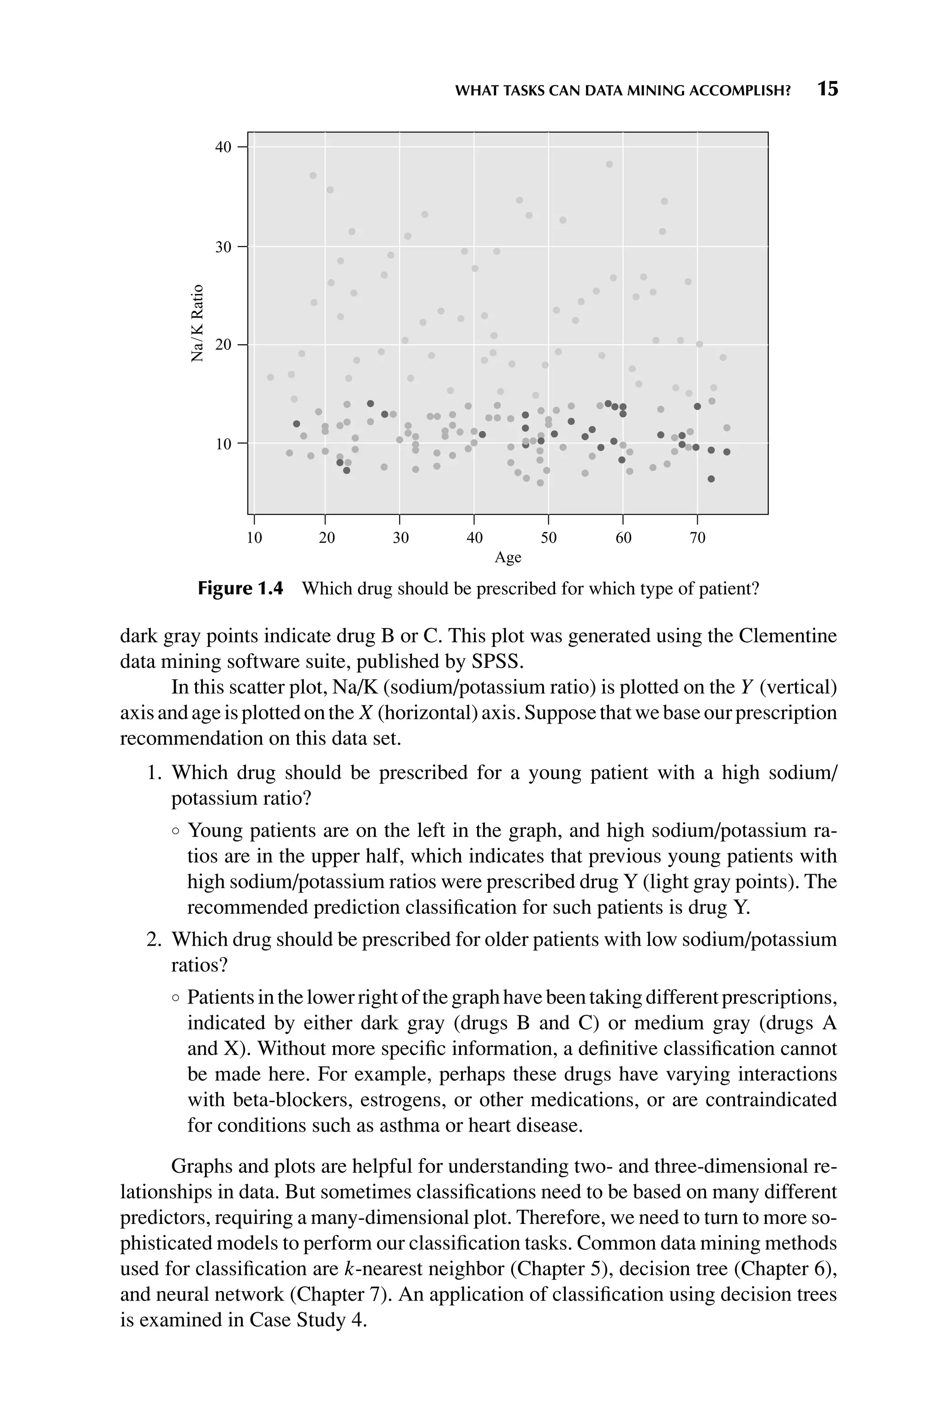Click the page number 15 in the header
coord(827,89)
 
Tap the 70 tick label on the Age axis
coord(697,538)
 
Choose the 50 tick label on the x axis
coord(549,538)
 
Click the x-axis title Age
coord(508,558)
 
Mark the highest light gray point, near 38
coord(609,164)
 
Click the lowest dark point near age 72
coord(711,479)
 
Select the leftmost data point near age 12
coord(270,377)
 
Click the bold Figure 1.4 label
coord(240,589)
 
